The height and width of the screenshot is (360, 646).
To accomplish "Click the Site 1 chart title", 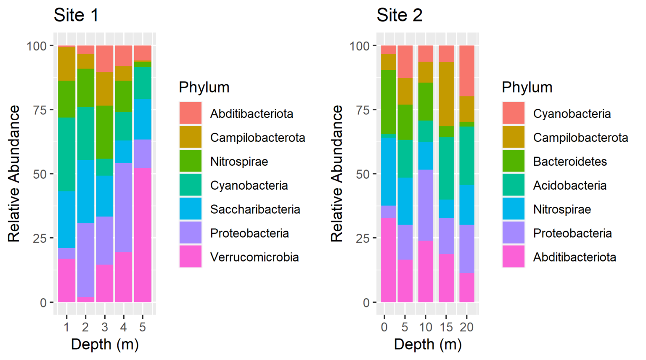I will [x=76, y=16].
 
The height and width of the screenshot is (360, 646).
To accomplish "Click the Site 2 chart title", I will [x=399, y=16].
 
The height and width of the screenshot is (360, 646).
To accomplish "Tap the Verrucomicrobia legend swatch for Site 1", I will [x=191, y=257].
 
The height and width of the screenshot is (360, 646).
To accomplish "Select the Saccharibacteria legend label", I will [x=255, y=209].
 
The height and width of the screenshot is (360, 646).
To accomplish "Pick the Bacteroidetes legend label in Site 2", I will [x=570, y=161].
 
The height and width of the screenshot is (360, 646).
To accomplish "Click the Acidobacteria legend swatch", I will [x=514, y=185].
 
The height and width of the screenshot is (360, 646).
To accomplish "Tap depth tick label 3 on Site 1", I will [x=104, y=327].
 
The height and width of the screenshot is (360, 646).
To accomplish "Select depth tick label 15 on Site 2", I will [x=446, y=327].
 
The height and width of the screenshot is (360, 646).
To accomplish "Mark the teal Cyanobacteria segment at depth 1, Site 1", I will [x=66, y=154].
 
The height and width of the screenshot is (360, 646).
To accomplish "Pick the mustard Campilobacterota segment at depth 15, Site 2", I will [x=446, y=94].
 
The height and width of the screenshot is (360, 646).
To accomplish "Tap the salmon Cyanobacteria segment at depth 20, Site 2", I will [x=466, y=71].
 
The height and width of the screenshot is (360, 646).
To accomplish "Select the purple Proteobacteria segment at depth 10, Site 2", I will [x=425, y=205].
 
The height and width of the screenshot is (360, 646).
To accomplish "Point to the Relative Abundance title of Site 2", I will [x=336, y=174].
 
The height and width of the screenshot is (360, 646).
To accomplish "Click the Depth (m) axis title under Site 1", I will [x=105, y=344].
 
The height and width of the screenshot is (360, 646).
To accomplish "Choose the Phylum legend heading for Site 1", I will [x=204, y=87].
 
